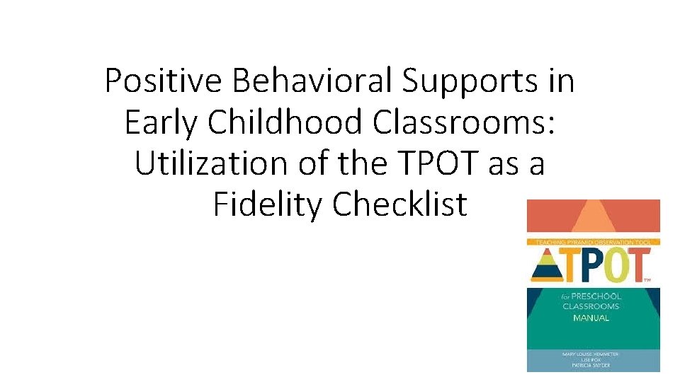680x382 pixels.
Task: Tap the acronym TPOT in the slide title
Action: pos(433,163)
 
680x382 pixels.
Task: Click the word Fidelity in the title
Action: pos(268,204)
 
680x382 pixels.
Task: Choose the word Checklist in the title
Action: pos(400,204)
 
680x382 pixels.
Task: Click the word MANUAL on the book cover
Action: pos(591,318)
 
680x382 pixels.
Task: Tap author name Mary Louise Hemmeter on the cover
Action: pos(591,353)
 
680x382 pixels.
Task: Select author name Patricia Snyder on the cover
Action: pos(591,366)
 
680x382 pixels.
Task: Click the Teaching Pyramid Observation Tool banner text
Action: pos(591,242)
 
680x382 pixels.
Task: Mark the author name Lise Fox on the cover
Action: pos(591,360)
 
